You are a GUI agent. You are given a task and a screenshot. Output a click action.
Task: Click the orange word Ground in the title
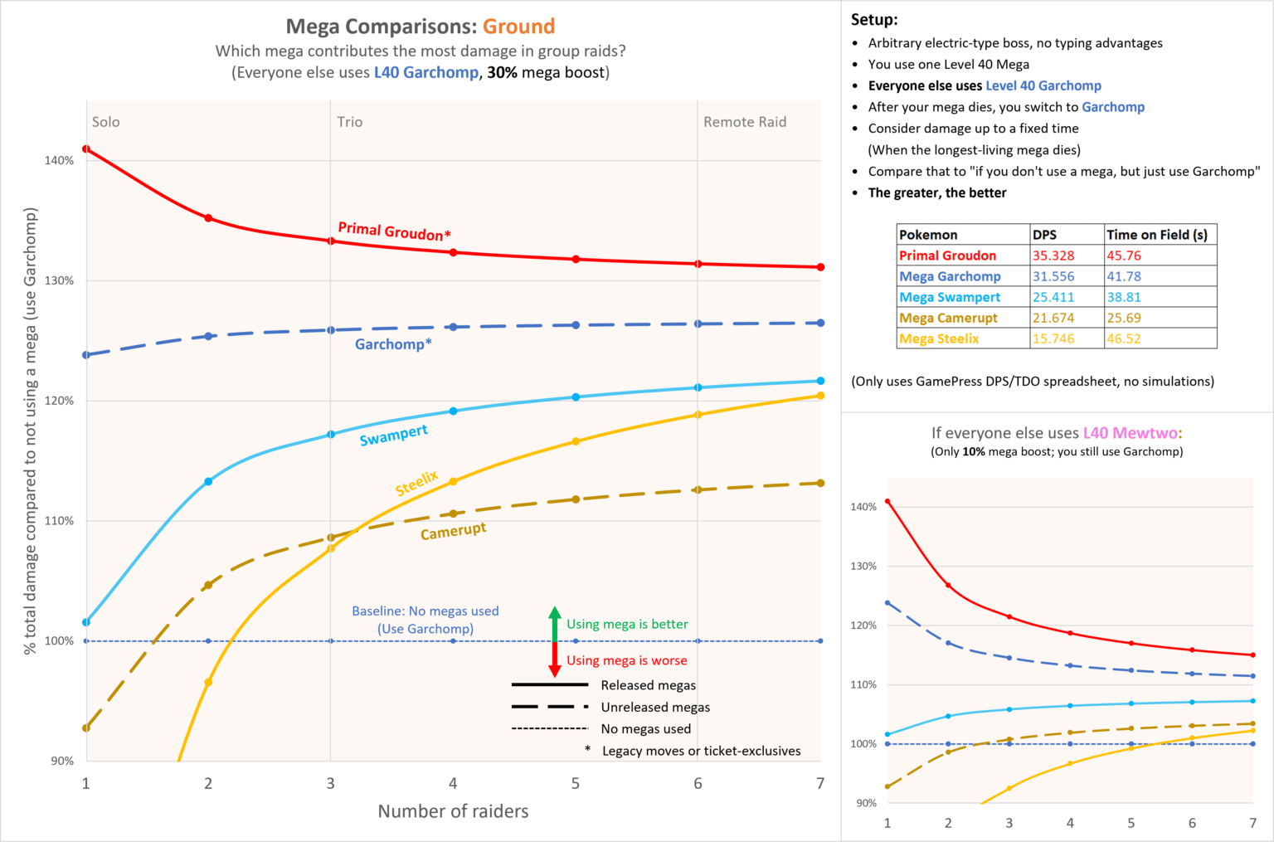pos(518,27)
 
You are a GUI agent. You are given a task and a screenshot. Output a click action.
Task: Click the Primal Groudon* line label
pos(394,231)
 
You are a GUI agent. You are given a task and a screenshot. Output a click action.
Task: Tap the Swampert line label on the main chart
pos(393,435)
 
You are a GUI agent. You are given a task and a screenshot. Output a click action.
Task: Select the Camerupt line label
pos(453,531)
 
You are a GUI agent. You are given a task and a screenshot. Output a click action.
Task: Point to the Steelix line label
pos(416,483)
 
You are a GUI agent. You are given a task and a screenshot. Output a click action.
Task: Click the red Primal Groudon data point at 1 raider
pos(86,149)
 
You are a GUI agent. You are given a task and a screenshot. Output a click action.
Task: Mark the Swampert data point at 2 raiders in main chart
pos(208,481)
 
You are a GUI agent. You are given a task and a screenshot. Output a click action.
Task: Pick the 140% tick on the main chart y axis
pos(59,160)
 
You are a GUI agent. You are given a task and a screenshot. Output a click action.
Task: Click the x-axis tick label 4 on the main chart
pos(453,783)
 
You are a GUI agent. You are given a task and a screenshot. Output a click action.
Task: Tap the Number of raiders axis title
pos(453,811)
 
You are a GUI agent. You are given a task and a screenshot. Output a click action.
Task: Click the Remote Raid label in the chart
pos(744,122)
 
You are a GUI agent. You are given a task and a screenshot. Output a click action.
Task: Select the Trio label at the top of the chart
pos(349,122)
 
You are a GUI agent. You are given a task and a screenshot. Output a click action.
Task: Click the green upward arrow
pos(555,622)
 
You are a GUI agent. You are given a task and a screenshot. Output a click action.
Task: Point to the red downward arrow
pos(555,660)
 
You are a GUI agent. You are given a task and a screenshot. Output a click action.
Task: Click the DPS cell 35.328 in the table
pos(1053,256)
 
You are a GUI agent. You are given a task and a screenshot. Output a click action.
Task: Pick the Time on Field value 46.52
pos(1123,338)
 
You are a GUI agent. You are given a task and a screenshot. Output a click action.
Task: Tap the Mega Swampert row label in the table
pos(950,297)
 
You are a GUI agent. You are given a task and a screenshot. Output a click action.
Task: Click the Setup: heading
pos(874,20)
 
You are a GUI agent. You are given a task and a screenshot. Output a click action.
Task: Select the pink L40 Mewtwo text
pos(1131,433)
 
